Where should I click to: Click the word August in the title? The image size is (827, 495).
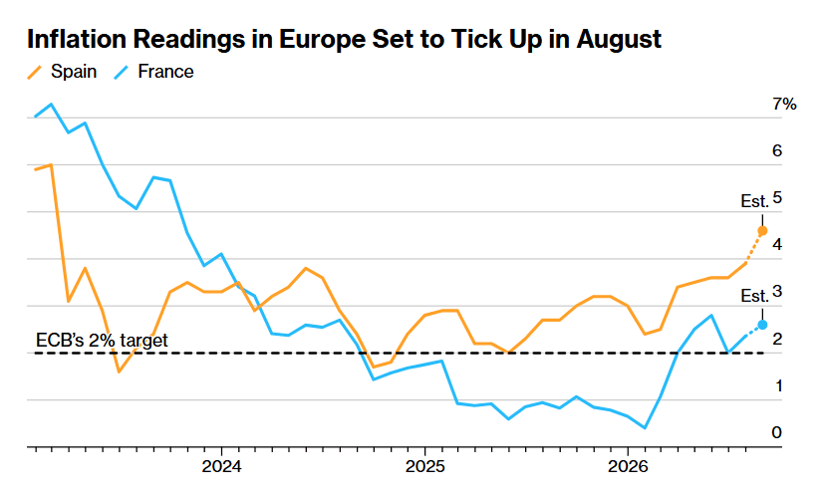pos(619,39)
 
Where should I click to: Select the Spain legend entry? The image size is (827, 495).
pos(62,71)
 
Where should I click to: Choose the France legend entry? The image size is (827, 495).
pos(154,71)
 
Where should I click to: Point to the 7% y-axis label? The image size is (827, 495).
pos(784,104)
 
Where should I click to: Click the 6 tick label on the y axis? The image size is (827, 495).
pos(777,150)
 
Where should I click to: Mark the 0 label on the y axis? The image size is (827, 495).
pos(777,432)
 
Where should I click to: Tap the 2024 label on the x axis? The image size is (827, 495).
pos(221,466)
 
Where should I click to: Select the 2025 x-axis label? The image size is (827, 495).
pos(424,466)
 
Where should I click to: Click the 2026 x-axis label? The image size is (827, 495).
pos(628,466)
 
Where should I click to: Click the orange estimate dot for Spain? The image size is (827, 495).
pos(762,231)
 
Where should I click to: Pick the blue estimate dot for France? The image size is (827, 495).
pos(762,325)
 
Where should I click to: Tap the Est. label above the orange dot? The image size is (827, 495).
pos(754,201)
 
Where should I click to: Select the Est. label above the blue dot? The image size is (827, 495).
pos(754,296)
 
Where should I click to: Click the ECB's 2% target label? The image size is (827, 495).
pos(102,341)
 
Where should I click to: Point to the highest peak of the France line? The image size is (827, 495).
pos(51,104)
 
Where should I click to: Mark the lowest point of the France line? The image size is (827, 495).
pos(645,428)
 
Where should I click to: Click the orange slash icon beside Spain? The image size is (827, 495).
pos(35,73)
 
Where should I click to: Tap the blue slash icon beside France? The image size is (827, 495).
pos(122,73)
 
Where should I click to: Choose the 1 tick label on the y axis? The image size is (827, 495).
pos(778,385)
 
